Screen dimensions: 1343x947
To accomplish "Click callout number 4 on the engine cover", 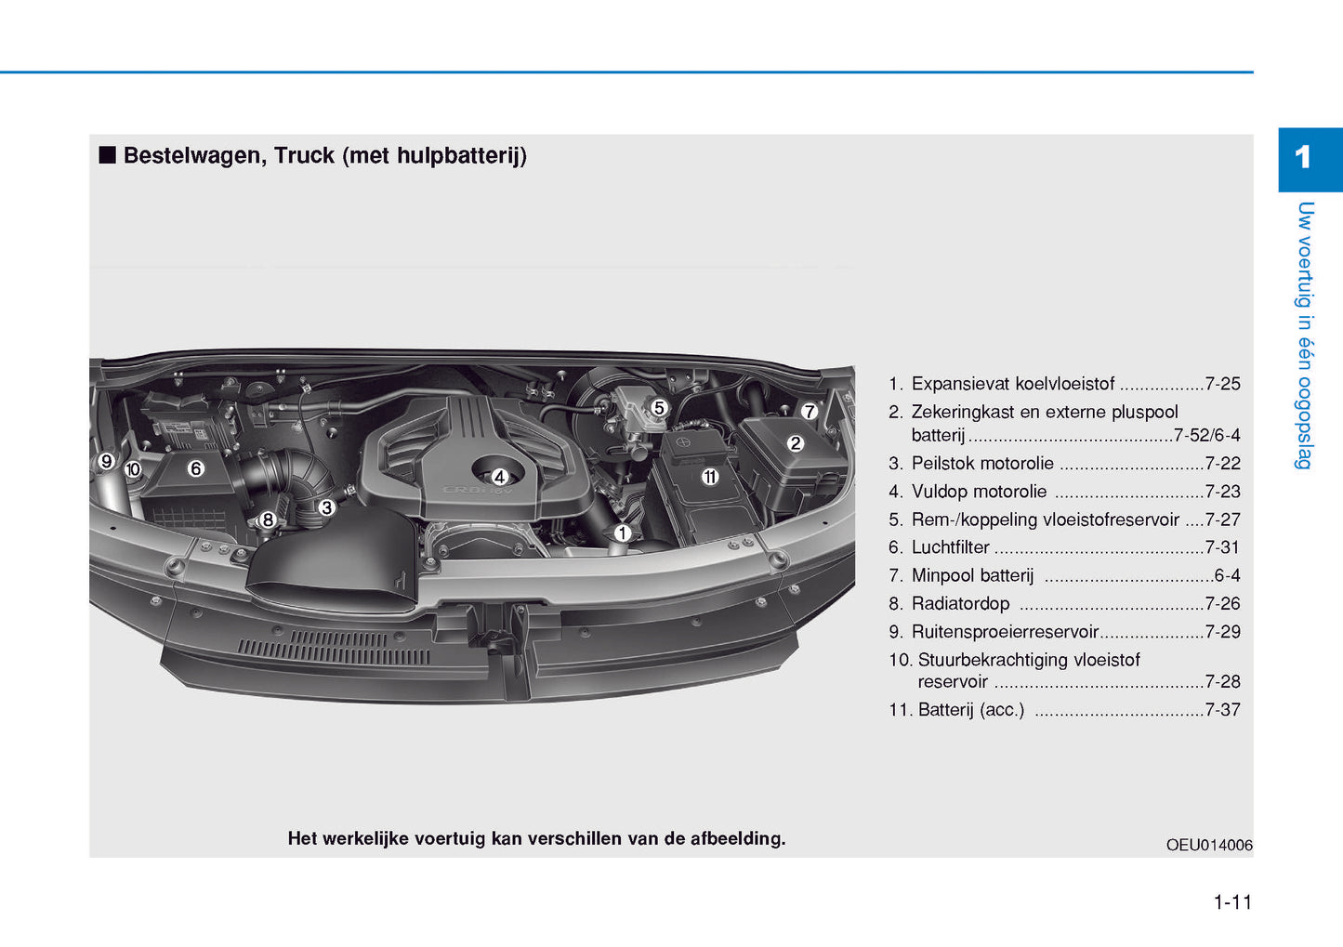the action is tap(499, 477).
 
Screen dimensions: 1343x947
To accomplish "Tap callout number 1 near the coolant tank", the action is tap(623, 533).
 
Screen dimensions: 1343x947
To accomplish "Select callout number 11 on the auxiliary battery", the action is tap(710, 477).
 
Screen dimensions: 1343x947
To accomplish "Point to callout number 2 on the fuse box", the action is tap(795, 443).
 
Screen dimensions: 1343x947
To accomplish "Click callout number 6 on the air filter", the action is tap(195, 468).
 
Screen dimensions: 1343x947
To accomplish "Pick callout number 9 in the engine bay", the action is tap(107, 461).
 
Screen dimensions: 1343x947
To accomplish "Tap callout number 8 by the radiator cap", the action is tap(268, 520).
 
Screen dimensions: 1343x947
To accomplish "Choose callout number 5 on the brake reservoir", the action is tap(660, 408).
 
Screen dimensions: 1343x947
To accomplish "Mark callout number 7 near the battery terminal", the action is tap(810, 411).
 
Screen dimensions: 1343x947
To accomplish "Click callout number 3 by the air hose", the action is tap(326, 507).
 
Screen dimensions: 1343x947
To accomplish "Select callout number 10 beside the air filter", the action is tap(133, 469).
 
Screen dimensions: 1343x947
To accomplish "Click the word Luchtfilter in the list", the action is tap(950, 547).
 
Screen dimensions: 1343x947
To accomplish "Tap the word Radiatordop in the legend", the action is tap(960, 603).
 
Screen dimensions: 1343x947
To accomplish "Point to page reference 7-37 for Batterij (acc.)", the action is tap(1222, 710).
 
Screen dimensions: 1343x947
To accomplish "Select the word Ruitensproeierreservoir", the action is tap(1005, 632).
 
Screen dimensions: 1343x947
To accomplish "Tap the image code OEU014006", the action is tap(1208, 845).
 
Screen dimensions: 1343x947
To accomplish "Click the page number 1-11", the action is tap(1232, 902).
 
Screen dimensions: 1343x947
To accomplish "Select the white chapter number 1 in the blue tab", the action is tap(1302, 158).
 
